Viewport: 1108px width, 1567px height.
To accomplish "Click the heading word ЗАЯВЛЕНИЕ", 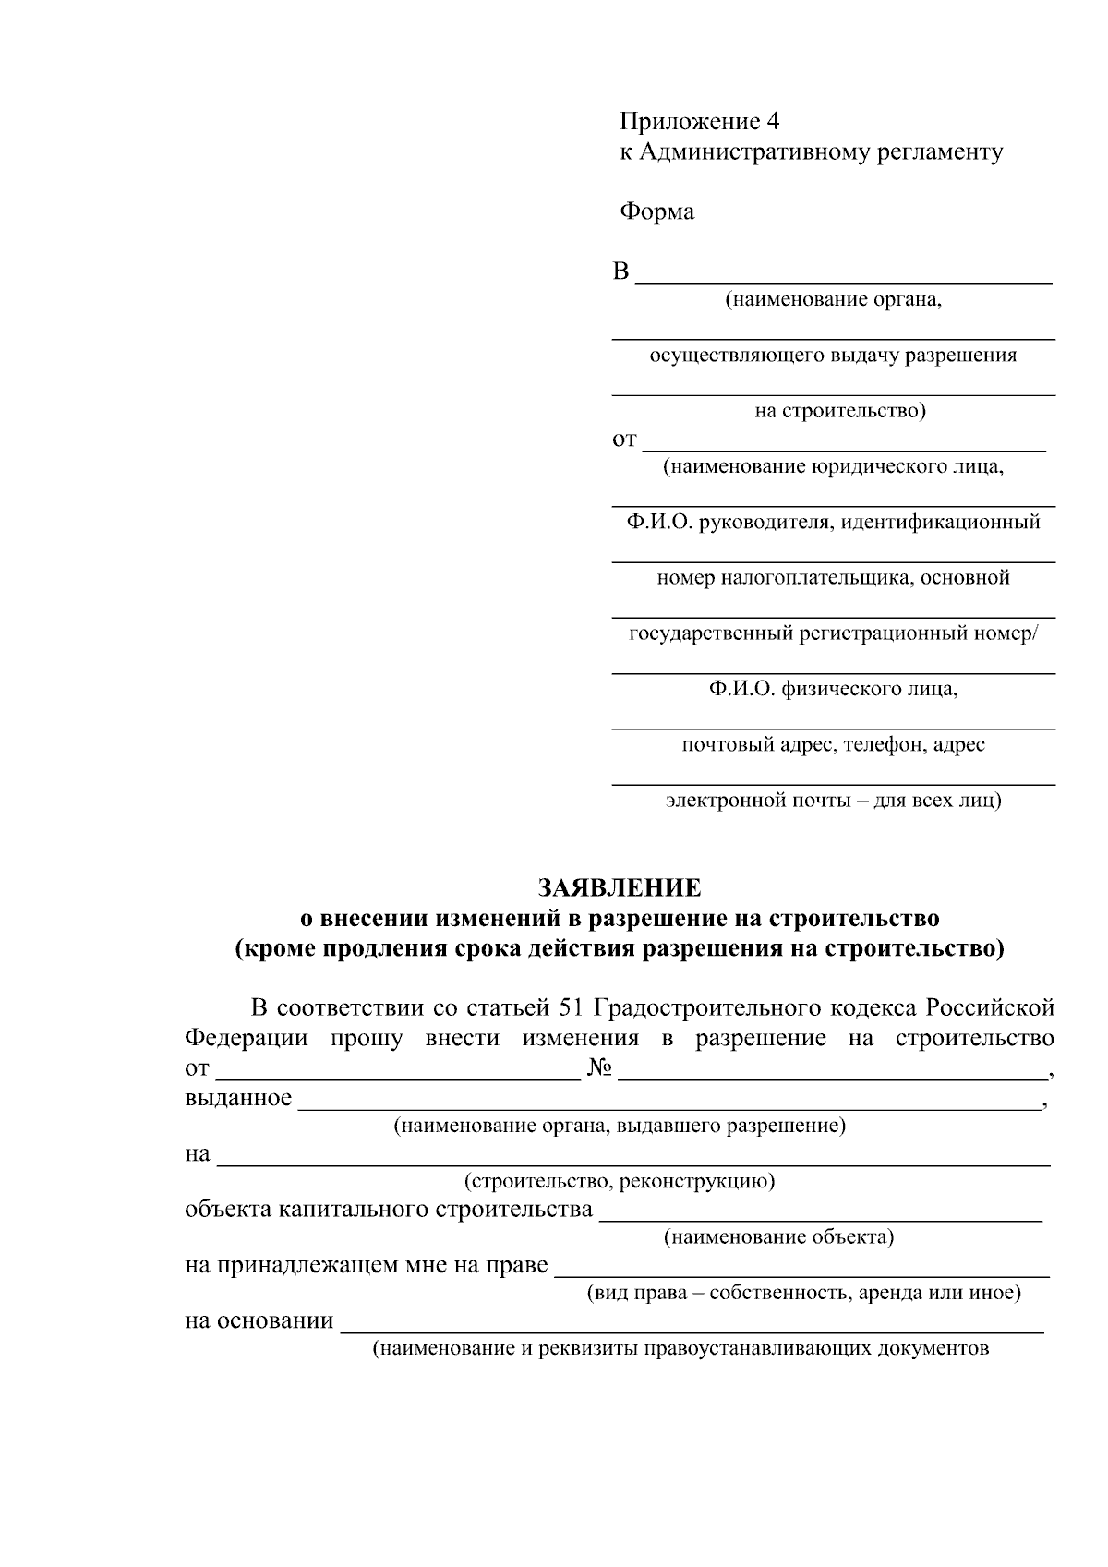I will click(x=620, y=888).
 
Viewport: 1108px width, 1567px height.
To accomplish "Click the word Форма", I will click(x=656, y=212).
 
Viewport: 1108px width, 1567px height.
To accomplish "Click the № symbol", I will click(x=599, y=1069).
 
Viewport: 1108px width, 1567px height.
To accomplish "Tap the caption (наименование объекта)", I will click(x=778, y=1237).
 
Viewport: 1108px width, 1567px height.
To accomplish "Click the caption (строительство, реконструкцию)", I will click(x=619, y=1181).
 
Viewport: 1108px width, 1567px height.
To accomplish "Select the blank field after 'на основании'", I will click(x=692, y=1324).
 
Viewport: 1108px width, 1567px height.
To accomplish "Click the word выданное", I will click(x=238, y=1098).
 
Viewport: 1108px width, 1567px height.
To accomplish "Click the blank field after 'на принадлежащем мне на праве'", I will click(x=801, y=1268).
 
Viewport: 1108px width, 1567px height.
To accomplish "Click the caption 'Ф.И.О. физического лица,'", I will click(x=833, y=689).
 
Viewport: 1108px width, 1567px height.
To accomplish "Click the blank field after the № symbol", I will click(x=833, y=1071).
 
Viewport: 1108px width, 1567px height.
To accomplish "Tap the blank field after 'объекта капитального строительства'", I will click(x=821, y=1212).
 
